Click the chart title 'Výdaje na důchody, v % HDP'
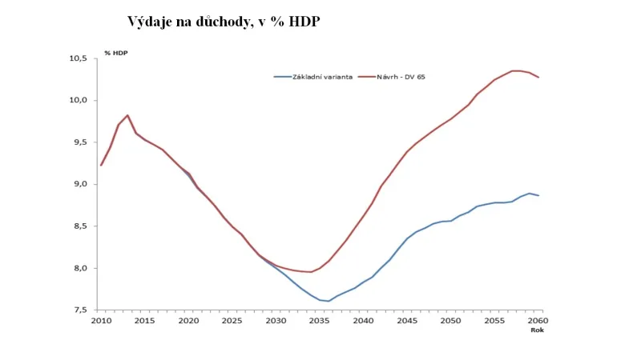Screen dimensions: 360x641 pos(224,22)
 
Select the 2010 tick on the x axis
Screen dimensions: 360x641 pos(100,321)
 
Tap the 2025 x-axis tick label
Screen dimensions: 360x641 pos(232,321)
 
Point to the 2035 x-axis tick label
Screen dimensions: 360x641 pos(320,321)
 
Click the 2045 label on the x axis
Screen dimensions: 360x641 pos(407,321)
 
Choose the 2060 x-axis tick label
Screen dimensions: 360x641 pos(538,321)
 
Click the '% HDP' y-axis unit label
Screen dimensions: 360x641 pos(116,53)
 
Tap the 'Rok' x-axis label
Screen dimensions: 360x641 pos(538,330)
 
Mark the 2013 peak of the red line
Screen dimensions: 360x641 pos(127,115)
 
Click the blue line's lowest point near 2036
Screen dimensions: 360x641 pos(329,302)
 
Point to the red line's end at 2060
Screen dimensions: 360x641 pos(538,78)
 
